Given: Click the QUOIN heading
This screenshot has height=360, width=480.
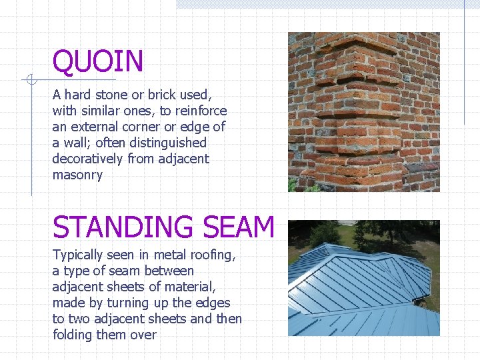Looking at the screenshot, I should point(98,62).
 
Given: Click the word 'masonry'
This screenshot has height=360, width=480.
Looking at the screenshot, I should point(77,175).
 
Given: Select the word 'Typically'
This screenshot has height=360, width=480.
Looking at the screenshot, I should point(78,255).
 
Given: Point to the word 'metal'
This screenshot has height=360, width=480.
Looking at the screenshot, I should point(169,255).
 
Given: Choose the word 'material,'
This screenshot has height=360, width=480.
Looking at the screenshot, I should point(191,287).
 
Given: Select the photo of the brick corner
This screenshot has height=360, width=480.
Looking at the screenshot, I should point(363,112).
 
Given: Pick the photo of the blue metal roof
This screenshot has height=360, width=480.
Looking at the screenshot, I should point(363,278).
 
